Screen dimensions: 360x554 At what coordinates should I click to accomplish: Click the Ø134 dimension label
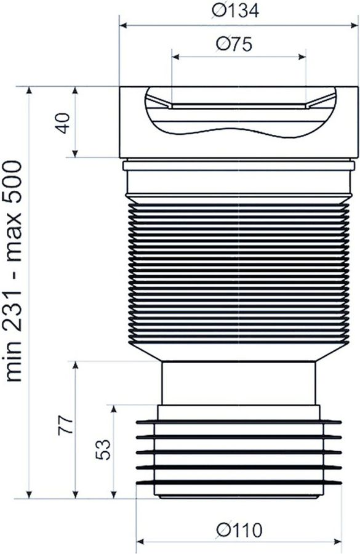point(235,11)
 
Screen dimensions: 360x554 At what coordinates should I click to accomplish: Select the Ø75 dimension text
point(234,44)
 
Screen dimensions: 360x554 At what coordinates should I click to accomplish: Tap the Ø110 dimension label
point(239,530)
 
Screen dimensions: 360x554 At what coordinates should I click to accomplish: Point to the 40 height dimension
point(63,123)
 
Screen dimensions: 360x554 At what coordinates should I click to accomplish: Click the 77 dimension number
point(66,425)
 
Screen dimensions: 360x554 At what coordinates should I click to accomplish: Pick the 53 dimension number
point(103,449)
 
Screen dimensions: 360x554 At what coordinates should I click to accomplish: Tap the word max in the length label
point(14,236)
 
